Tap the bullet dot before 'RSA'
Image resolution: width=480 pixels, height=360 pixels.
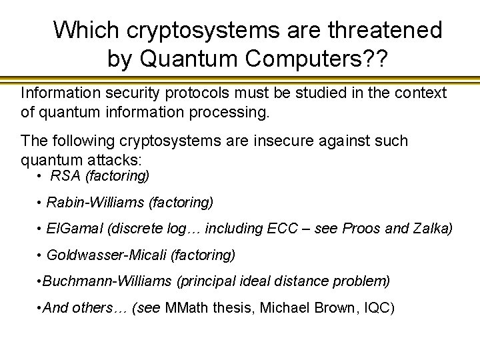(x=41, y=176)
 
